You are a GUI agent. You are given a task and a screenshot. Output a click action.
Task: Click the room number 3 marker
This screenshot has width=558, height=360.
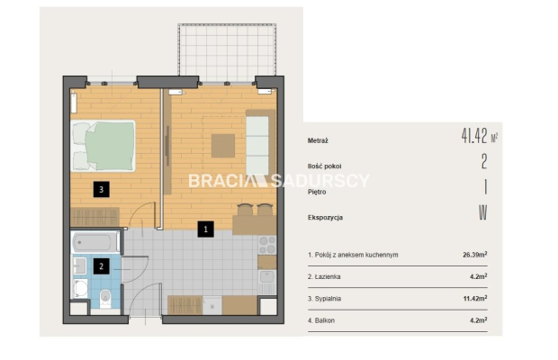pos(102,189)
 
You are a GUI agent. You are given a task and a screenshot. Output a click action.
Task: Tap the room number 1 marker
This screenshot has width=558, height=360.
pos(206,229)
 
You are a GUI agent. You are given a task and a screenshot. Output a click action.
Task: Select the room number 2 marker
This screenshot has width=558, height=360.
pos(102,265)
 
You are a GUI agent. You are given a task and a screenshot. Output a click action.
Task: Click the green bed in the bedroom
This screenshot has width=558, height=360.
pos(103,146)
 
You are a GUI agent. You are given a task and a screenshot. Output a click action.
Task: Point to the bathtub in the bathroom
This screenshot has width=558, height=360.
pos(95,243)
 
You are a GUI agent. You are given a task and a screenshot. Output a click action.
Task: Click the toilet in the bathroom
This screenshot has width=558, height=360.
pos(105,298)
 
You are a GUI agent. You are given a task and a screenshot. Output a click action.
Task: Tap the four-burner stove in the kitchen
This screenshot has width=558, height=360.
pos(267,245)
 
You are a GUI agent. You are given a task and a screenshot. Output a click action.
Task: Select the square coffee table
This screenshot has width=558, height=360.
pos(223,146)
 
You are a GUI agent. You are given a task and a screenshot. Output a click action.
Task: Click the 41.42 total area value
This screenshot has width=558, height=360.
pos(474,135)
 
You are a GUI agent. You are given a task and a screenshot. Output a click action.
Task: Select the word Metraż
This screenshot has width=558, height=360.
pos(318,141)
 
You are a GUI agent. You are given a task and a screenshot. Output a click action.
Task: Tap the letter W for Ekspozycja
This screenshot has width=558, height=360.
pos(483,212)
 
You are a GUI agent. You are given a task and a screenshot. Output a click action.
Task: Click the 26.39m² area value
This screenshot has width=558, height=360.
pos(475,255)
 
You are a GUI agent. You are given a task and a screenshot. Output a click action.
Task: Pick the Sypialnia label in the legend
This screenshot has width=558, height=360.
pos(328,299)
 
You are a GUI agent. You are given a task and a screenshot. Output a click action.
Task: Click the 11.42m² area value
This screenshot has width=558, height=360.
pos(475,299)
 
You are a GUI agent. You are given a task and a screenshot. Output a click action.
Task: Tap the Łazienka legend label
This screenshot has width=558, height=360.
pos(328,277)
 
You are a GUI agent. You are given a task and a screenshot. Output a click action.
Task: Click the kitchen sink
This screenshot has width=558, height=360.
pos(267,277)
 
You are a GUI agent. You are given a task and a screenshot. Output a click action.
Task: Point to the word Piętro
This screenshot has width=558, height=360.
pos(317,192)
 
